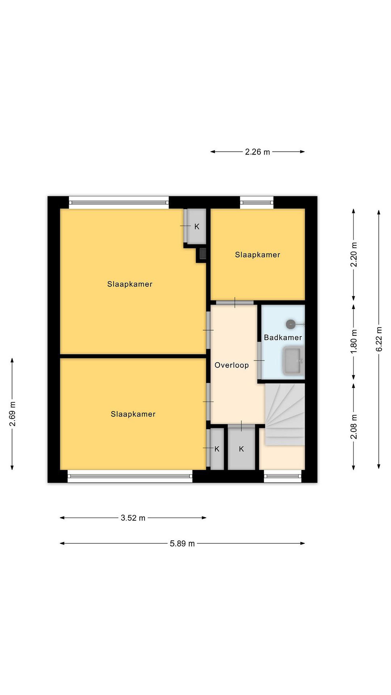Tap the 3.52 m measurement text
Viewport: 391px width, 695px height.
pos(133,518)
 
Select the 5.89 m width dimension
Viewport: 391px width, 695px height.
pos(182,543)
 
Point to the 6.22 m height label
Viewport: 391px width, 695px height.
pos(379,339)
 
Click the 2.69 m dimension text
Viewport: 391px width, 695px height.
pos(12,414)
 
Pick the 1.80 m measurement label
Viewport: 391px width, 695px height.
pos(354,341)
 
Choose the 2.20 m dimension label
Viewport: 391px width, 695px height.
pos(354,254)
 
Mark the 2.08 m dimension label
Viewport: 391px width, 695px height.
pos(354,427)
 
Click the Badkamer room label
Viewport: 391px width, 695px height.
pos(283,338)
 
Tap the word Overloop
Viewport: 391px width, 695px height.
pos(231,365)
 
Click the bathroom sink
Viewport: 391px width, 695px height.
pos(293,361)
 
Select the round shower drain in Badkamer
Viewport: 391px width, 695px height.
pos(291,324)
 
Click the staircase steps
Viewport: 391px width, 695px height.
pos(285,414)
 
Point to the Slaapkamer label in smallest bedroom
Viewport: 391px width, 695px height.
pos(258,255)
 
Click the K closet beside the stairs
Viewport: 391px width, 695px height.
pos(241,449)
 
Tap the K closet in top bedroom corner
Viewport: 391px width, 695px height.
pos(197,226)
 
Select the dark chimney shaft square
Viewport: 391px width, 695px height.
pos(203,254)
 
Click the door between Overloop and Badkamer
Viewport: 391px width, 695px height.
pos(259,361)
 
